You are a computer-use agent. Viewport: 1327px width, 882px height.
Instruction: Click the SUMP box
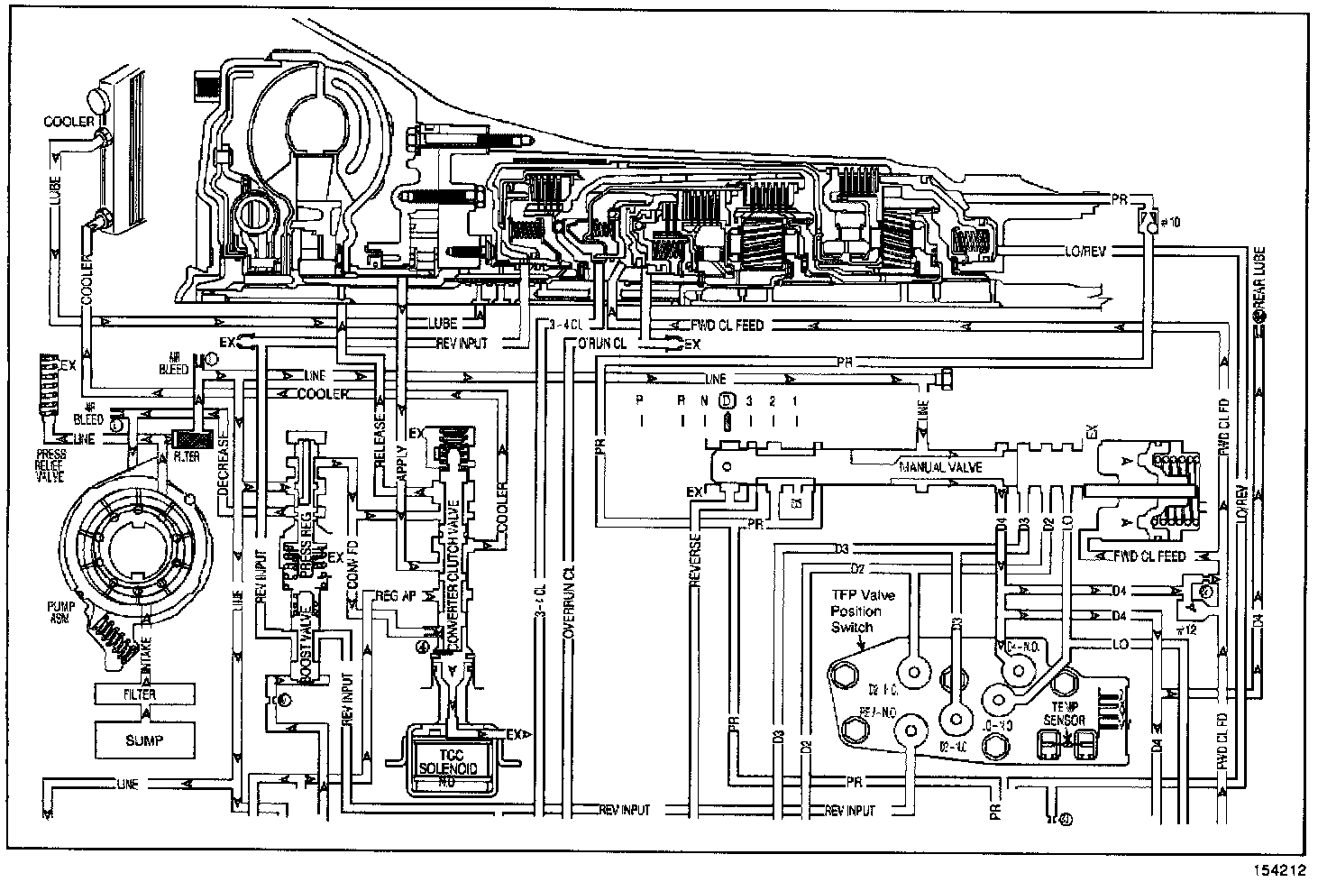coord(144,740)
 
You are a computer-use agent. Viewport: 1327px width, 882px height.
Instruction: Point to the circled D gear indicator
coord(728,400)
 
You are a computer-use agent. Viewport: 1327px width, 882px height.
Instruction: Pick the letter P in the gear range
coord(640,400)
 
